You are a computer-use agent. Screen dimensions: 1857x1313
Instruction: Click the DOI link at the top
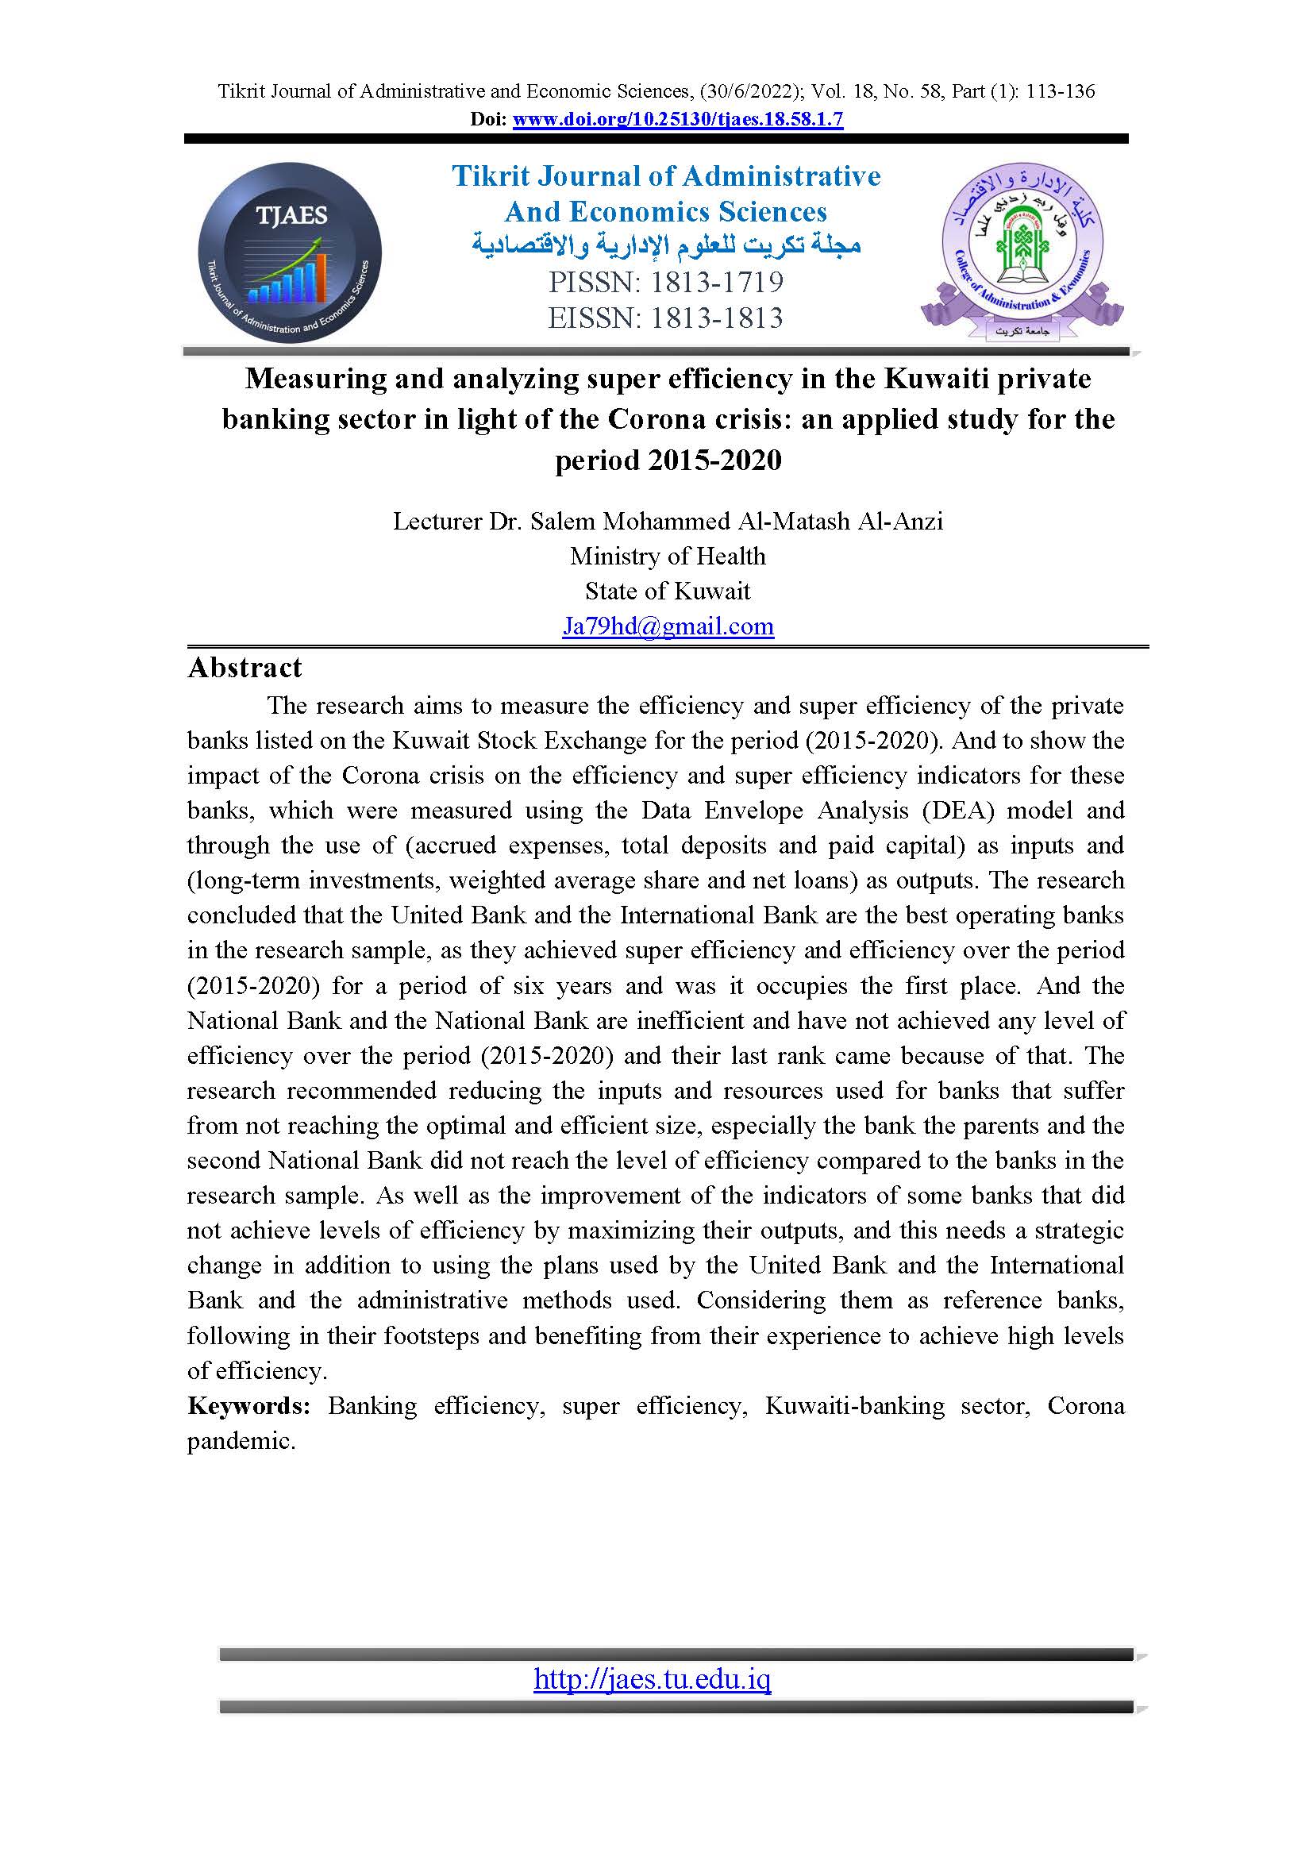677,120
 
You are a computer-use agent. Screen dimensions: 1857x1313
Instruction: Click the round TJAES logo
290,253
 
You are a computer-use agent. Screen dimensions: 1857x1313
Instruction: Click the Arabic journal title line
666,245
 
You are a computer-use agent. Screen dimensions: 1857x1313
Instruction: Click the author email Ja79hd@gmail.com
668,626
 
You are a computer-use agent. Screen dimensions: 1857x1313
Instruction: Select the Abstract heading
245,668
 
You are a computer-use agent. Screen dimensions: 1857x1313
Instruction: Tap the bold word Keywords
248,1406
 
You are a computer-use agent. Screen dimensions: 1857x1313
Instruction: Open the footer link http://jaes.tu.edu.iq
653,1680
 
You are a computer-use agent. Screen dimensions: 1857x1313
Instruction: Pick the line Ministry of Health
668,557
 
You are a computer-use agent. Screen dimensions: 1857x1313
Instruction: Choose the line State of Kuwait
668,591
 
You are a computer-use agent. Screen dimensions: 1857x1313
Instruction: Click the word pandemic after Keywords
241,1440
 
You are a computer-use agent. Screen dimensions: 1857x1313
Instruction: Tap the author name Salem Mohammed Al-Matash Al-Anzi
737,522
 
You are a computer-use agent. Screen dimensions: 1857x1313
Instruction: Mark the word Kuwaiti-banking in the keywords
855,1406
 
